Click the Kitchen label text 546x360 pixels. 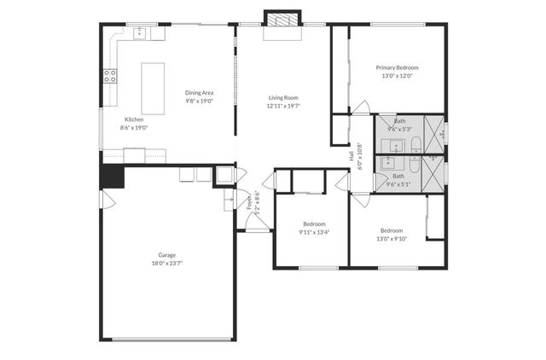point(134,119)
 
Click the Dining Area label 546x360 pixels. point(199,92)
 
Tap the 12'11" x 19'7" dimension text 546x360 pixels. point(283,106)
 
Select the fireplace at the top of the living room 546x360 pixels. point(282,20)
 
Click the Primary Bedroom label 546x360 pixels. point(397,67)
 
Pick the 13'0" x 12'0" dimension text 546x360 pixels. point(397,76)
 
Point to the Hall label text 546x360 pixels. point(351,156)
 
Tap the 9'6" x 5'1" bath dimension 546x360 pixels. point(398,183)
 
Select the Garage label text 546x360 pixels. point(166,255)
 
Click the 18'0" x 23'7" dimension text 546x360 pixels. point(166,264)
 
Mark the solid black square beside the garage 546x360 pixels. point(112,176)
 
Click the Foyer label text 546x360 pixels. point(250,202)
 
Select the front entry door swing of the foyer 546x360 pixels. point(253,220)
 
